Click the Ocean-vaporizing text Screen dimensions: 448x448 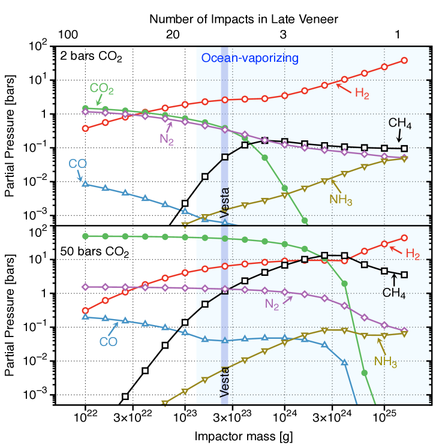tap(249, 58)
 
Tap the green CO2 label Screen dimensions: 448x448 tap(101, 89)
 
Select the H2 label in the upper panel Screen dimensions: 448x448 tap(362, 93)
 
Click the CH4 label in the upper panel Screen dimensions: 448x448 tap(399, 124)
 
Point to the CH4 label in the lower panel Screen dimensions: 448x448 tap(394, 293)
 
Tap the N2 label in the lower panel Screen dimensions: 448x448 tap(272, 305)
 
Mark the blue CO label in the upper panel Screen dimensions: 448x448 tap(77, 163)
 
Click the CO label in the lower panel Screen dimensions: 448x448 tap(108, 342)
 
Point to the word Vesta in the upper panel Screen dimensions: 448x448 tap(225, 203)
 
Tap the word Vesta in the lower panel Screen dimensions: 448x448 tap(225, 381)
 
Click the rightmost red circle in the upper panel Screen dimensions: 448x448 tap(404, 61)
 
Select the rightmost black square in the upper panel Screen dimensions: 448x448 tap(404, 148)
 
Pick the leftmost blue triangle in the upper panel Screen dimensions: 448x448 tap(85, 183)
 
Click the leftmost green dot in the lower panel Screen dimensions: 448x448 tap(85, 236)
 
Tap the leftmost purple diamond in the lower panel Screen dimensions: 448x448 tap(85, 287)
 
